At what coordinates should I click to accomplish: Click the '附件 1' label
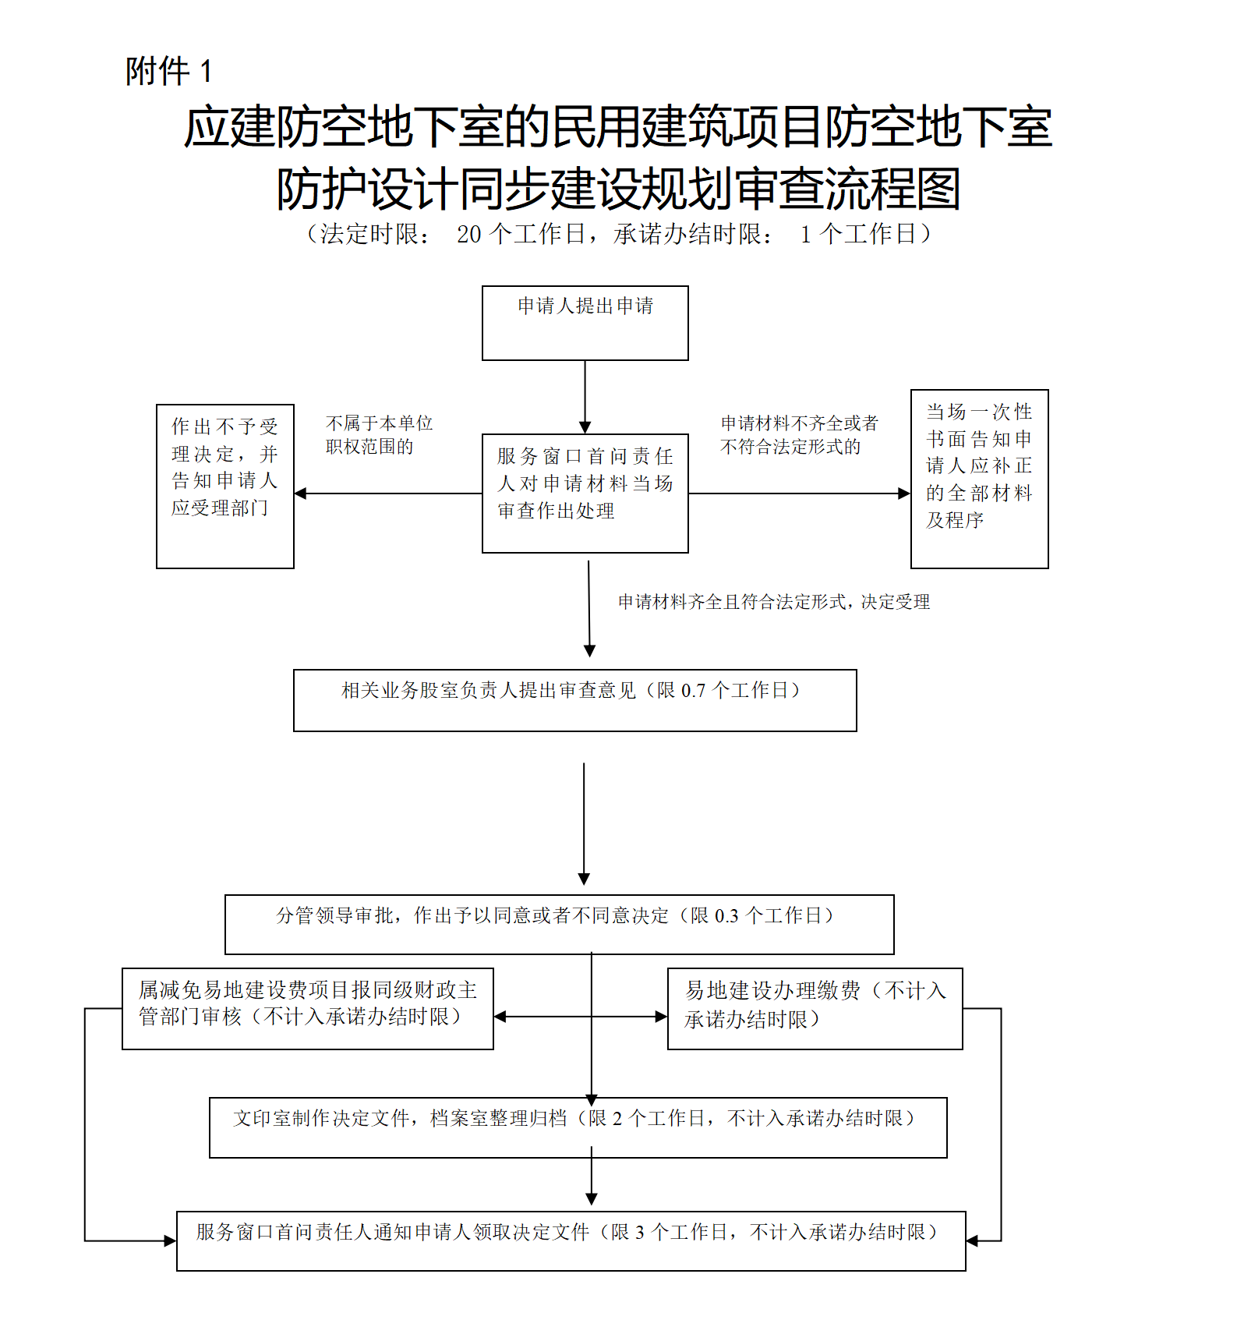[168, 72]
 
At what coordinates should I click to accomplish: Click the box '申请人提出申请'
[585, 323]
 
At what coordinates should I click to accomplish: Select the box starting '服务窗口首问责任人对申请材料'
[585, 493]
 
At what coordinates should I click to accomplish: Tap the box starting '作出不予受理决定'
[224, 486]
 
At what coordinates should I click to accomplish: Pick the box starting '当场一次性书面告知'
[979, 479]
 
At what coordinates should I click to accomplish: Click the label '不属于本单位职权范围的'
[379, 435]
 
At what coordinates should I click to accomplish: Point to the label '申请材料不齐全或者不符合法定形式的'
[799, 435]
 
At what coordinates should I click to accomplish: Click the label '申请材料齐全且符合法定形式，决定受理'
[774, 602]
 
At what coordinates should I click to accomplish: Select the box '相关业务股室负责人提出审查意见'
[574, 700]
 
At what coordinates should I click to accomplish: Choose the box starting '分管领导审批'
[559, 924]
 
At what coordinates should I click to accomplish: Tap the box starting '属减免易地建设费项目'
[307, 1008]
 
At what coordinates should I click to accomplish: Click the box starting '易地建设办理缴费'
[815, 1008]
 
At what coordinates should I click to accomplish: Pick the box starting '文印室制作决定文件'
[578, 1127]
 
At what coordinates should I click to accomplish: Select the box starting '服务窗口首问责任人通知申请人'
[571, 1240]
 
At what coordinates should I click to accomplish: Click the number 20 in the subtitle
[468, 234]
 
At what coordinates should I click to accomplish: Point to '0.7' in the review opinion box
[693, 691]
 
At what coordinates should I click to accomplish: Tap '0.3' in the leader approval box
[726, 916]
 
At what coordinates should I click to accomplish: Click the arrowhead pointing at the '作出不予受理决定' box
[301, 494]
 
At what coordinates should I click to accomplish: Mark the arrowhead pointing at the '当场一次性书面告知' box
[904, 494]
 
